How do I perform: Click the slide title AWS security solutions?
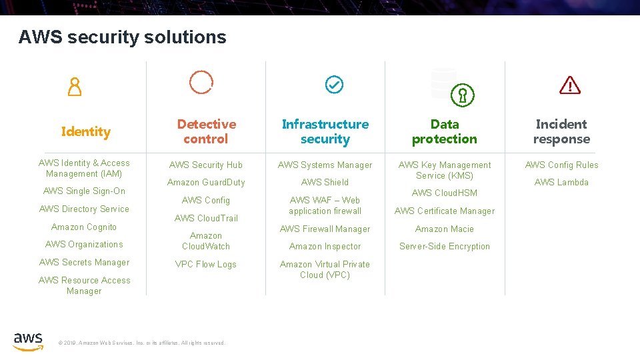[123, 37]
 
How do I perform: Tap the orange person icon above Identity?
[75, 87]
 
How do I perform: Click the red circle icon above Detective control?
[201, 81]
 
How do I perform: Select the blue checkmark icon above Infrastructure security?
[333, 85]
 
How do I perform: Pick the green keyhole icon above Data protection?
[461, 95]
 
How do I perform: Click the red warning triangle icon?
[570, 85]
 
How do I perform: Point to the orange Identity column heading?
[85, 131]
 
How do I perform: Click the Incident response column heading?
[561, 131]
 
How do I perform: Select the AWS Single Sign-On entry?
[84, 191]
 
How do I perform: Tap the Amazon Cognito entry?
[84, 227]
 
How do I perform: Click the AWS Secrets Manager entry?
[84, 262]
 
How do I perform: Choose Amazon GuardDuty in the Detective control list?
[206, 182]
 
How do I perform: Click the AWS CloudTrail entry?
[206, 218]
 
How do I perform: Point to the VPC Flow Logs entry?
[206, 264]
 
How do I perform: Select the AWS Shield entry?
[325, 182]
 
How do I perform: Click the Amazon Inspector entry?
[325, 246]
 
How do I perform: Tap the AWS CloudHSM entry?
[445, 193]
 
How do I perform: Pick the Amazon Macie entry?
[445, 229]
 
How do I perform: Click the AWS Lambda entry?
[561, 182]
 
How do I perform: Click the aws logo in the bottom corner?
[28, 340]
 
